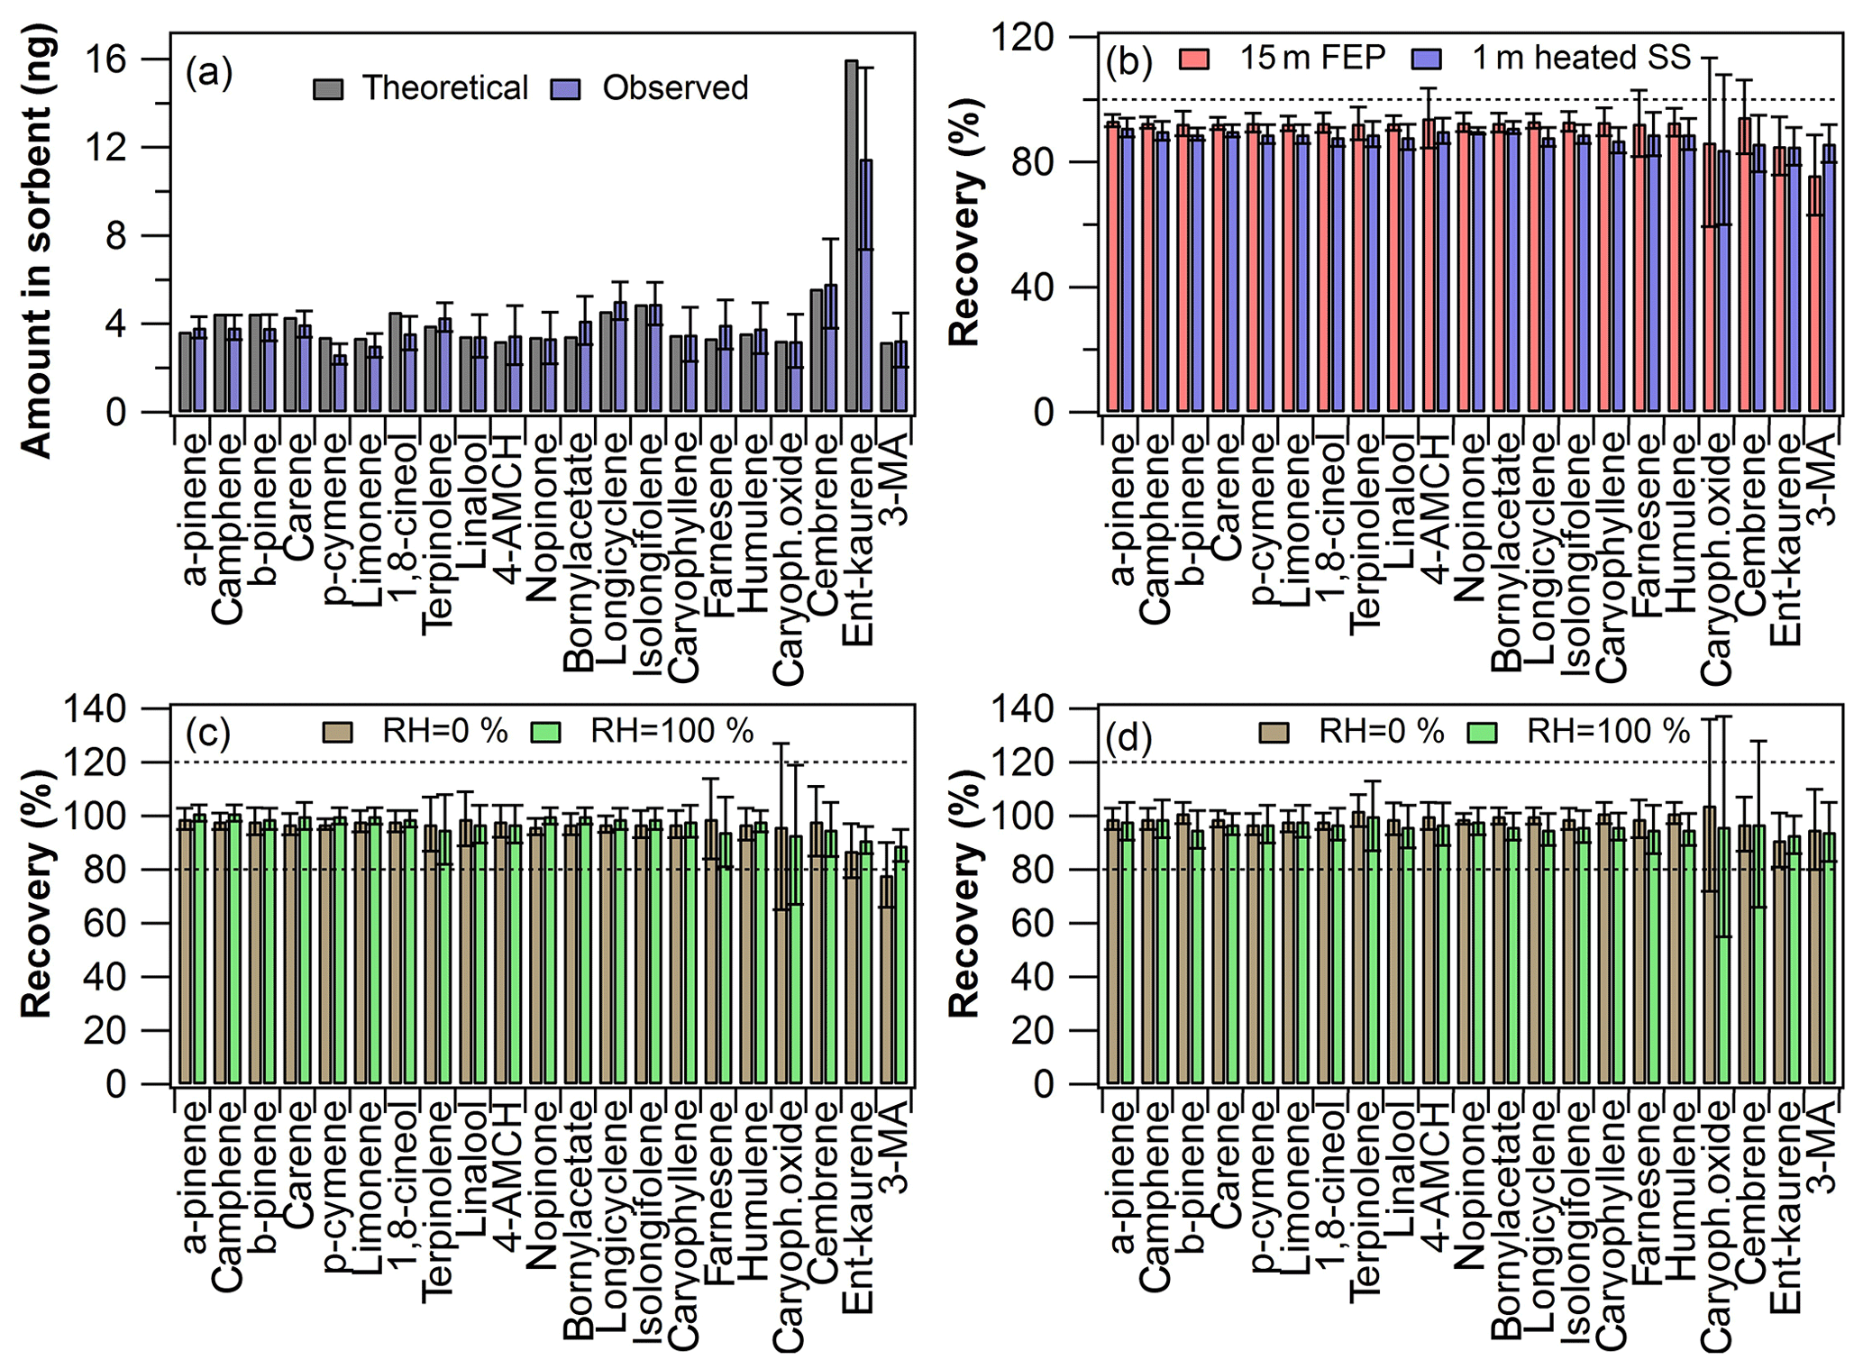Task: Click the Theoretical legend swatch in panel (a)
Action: point(328,88)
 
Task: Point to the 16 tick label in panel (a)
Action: point(105,59)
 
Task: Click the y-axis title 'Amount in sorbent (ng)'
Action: point(37,242)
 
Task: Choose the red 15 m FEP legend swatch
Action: point(1194,59)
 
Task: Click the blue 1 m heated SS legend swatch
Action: point(1428,59)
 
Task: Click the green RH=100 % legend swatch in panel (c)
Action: point(545,732)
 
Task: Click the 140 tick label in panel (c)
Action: point(95,710)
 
